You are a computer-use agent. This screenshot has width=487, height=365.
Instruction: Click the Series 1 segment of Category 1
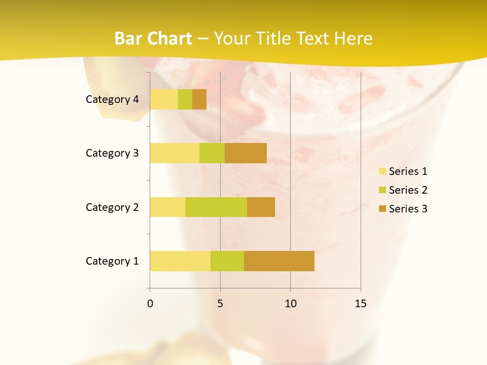(x=180, y=261)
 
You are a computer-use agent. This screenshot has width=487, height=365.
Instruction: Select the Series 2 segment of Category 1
(x=227, y=261)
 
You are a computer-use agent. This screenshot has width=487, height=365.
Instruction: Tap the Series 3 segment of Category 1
(x=279, y=261)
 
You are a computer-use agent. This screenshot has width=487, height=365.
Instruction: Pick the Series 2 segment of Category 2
(x=216, y=207)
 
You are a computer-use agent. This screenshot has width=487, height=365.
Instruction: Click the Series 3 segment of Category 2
(x=261, y=207)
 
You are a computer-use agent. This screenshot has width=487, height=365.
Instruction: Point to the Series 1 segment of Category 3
(x=175, y=153)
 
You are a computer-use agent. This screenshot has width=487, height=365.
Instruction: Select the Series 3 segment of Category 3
(x=246, y=153)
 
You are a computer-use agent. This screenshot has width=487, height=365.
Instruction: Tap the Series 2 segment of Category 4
(x=185, y=99)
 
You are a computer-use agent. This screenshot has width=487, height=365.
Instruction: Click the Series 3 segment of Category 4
(x=199, y=99)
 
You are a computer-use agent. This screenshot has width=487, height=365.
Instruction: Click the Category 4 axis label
(x=112, y=99)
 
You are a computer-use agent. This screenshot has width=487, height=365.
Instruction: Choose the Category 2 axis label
(x=112, y=207)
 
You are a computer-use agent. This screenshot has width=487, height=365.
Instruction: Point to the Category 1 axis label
(x=112, y=261)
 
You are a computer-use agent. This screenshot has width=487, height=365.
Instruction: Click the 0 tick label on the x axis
(x=150, y=304)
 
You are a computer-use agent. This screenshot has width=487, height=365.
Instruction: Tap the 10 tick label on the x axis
(x=290, y=304)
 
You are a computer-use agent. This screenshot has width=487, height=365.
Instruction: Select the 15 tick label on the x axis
(x=361, y=304)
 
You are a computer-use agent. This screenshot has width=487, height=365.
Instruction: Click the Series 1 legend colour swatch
(x=382, y=171)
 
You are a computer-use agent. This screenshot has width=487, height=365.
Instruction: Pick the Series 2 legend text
(x=408, y=190)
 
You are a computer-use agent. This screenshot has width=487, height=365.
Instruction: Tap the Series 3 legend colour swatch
(x=382, y=209)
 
